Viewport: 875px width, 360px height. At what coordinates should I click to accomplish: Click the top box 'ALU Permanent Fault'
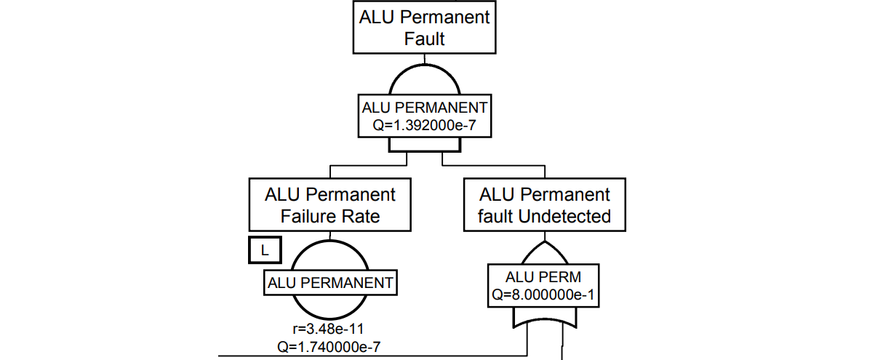coord(424,27)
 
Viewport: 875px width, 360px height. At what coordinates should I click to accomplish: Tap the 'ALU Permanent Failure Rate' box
coord(330,206)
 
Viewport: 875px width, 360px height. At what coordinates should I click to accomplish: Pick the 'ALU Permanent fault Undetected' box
coord(545,206)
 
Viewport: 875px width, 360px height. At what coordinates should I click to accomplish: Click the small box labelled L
coord(265,251)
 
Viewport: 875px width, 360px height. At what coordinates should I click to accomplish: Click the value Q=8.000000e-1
coord(545,295)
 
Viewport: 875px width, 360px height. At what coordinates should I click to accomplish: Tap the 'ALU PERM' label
coord(545,278)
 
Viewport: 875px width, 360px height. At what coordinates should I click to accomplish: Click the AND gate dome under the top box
coord(425,79)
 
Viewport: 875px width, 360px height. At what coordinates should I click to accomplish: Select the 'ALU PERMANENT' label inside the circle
coord(331,283)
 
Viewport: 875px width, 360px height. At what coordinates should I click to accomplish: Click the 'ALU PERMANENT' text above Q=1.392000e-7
coord(425,108)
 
